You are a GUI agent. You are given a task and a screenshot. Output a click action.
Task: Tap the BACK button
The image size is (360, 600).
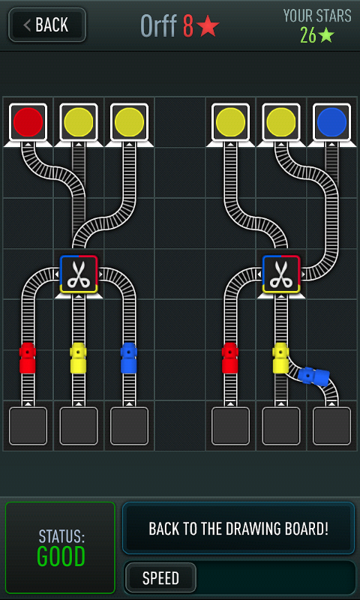click(47, 25)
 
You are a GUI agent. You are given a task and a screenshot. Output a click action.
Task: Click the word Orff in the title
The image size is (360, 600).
click(159, 25)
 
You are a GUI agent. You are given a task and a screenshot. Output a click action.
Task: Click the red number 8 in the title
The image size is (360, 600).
click(187, 26)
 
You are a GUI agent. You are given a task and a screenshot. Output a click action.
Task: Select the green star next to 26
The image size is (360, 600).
click(326, 35)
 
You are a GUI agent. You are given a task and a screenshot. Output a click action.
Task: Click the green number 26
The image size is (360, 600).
click(308, 35)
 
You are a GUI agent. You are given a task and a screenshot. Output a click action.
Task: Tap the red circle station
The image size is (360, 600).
click(28, 122)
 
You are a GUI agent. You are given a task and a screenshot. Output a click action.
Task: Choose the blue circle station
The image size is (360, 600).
click(331, 122)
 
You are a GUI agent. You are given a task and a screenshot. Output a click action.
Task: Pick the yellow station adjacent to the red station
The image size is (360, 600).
click(79, 122)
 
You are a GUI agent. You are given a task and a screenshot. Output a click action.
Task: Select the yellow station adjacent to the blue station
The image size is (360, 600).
click(281, 122)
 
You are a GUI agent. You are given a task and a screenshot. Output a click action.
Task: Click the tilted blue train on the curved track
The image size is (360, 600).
click(313, 376)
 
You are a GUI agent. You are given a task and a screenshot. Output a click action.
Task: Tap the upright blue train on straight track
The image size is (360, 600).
click(129, 358)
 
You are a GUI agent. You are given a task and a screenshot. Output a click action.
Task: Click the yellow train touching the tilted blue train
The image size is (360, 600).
click(280, 358)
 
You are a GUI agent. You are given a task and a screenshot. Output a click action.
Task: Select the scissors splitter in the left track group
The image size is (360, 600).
click(79, 274)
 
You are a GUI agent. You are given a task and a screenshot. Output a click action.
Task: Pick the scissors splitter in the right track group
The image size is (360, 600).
click(281, 274)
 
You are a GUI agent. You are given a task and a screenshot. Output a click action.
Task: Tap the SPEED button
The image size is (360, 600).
click(160, 577)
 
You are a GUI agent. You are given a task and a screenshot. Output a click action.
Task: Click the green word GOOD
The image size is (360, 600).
click(61, 556)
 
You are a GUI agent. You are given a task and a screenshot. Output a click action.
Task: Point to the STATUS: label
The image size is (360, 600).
click(61, 537)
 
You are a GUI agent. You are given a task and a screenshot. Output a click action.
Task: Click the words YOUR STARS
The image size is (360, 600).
click(317, 16)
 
